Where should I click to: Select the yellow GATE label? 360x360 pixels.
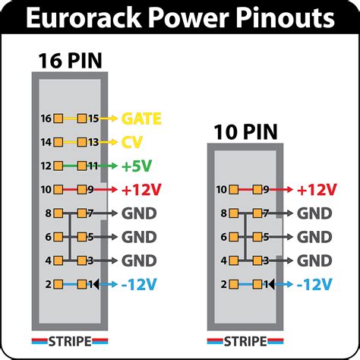144,118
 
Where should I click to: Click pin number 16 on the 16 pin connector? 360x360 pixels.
46,118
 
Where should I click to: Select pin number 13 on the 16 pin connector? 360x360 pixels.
92,142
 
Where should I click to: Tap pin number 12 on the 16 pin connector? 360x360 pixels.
46,165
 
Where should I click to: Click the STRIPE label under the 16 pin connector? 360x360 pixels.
67,339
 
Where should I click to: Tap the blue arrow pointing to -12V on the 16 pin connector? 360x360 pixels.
106,284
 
